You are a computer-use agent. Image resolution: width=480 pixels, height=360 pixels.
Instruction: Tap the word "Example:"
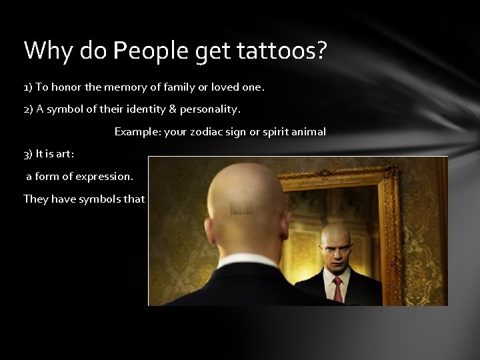(137, 132)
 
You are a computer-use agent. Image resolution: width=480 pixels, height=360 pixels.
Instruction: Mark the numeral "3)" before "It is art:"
(27, 154)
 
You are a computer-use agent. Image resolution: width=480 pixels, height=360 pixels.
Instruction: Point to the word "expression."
(104, 177)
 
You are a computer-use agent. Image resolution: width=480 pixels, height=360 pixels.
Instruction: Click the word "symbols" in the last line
(100, 199)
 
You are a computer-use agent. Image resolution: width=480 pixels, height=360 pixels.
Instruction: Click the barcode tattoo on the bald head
(241, 208)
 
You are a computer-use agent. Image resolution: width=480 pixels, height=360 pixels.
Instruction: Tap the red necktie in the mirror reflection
(338, 288)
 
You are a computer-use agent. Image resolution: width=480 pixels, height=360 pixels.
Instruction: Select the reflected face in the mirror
(335, 247)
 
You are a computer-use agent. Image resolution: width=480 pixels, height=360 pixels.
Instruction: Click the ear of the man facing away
(285, 226)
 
